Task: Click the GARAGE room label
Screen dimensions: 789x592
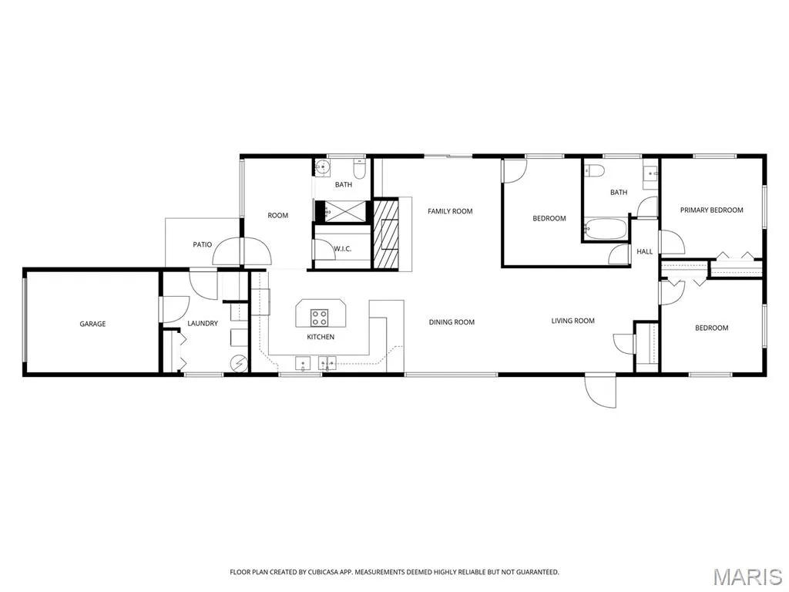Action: pyautogui.click(x=92, y=324)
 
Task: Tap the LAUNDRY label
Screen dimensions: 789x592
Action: pyautogui.click(x=203, y=323)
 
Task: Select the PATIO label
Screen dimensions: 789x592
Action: pyautogui.click(x=203, y=244)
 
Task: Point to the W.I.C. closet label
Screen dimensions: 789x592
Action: pyautogui.click(x=343, y=249)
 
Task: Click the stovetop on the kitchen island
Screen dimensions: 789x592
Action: pyautogui.click(x=320, y=318)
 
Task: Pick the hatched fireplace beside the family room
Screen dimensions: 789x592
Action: pyautogui.click(x=385, y=234)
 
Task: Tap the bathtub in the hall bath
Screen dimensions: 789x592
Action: pyautogui.click(x=605, y=229)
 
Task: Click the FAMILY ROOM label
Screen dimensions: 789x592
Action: pyautogui.click(x=450, y=211)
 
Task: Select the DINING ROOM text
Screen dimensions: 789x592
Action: pyautogui.click(x=452, y=322)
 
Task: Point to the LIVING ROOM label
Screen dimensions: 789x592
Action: pyautogui.click(x=572, y=321)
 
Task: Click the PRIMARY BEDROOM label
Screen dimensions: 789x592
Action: pyautogui.click(x=711, y=210)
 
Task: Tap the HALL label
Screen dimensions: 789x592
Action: pyautogui.click(x=645, y=252)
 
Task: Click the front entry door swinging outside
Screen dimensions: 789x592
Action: pyautogui.click(x=600, y=390)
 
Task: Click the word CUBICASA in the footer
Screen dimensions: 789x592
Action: pyautogui.click(x=324, y=572)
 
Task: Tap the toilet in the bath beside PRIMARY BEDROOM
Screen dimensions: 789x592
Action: pyautogui.click(x=594, y=171)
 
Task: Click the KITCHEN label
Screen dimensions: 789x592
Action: pyautogui.click(x=321, y=337)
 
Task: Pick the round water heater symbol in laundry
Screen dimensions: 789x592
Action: pyautogui.click(x=240, y=362)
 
